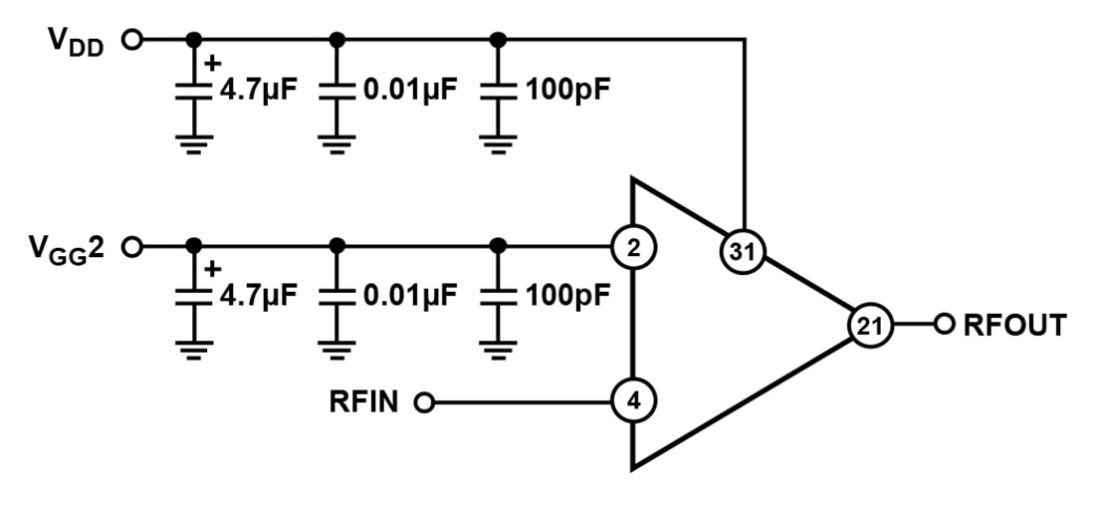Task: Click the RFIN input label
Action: tap(363, 402)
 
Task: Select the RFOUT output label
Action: tap(1014, 325)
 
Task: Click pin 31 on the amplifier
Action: tap(742, 254)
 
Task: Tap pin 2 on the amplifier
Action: tap(633, 247)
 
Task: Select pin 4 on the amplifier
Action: tap(633, 402)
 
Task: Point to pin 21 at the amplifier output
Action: tap(870, 325)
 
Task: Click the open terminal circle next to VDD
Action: tap(130, 40)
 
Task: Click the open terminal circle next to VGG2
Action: tap(130, 246)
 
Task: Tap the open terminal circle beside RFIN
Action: tap(425, 402)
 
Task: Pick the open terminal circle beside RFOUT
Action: tap(943, 324)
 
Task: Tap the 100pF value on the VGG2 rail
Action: tap(566, 296)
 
